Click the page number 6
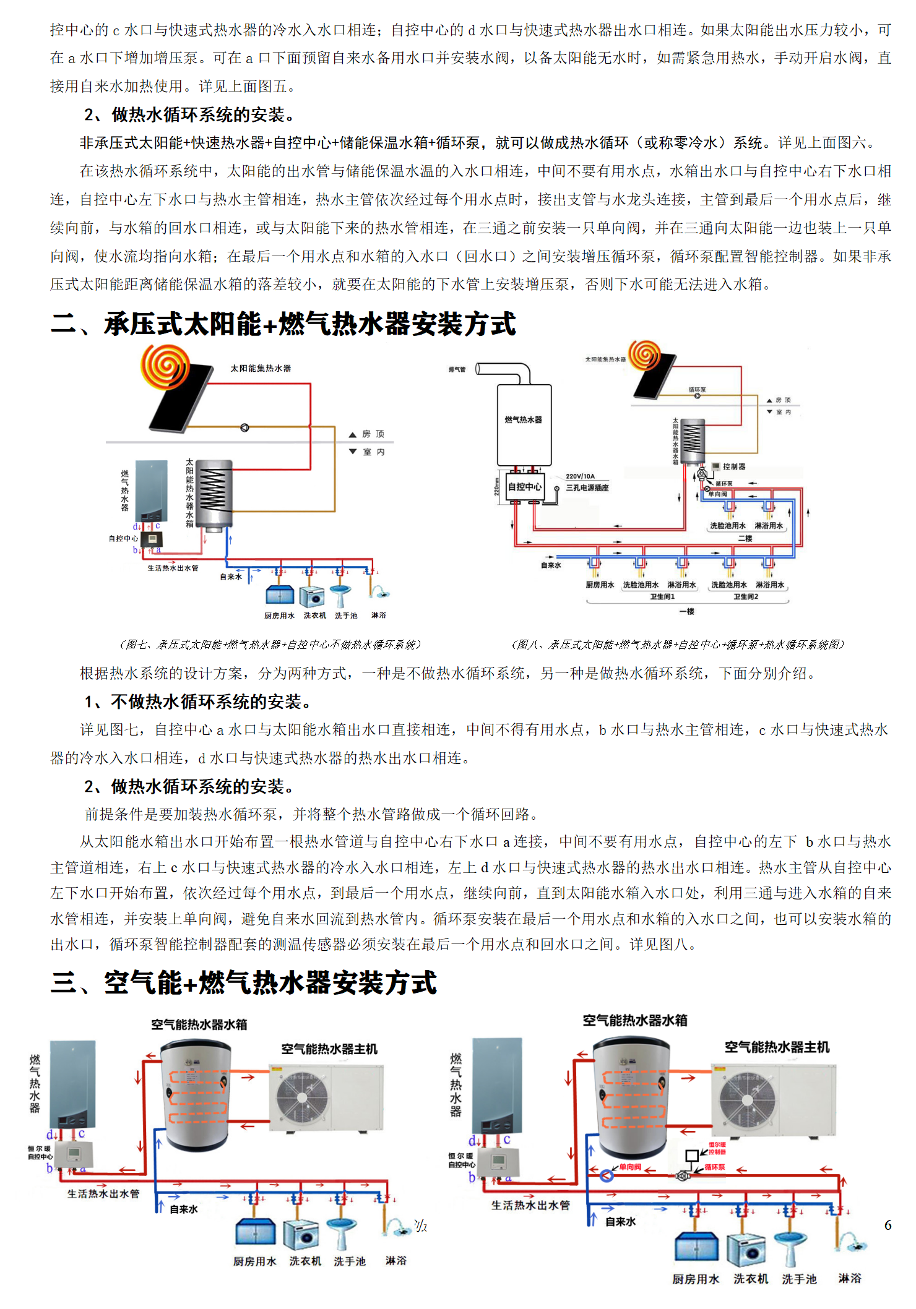[x=888, y=1225]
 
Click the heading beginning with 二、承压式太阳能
[x=283, y=324]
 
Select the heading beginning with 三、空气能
[x=244, y=982]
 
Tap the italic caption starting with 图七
[x=270, y=645]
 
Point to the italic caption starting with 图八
[x=677, y=645]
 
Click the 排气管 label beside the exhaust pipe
[x=457, y=369]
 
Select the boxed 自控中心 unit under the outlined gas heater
[x=524, y=487]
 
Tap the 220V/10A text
[x=580, y=476]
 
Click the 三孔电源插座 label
[x=587, y=488]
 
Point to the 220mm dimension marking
[x=496, y=487]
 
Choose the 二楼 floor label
[x=745, y=539]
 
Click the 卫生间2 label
[x=746, y=597]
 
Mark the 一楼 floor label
[x=687, y=611]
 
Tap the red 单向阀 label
[x=630, y=1167]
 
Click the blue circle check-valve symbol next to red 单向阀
[x=607, y=1175]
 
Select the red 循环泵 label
[x=715, y=1167]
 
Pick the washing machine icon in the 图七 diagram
[x=312, y=597]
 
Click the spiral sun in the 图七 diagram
[x=165, y=365]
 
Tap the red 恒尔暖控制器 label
[x=717, y=1148]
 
